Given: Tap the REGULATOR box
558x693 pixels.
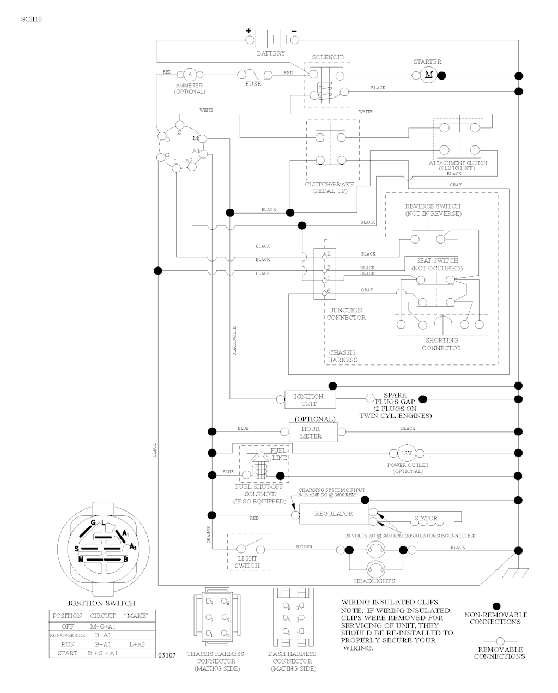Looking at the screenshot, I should click(x=333, y=514).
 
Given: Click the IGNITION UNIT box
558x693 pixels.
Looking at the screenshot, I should click(x=308, y=400).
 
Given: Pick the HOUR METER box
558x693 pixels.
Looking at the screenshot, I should click(x=311, y=433).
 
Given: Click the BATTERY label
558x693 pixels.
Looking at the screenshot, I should click(x=271, y=53).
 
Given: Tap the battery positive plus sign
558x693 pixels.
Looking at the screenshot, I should click(x=248, y=31).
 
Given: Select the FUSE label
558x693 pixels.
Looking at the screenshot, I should click(x=253, y=84).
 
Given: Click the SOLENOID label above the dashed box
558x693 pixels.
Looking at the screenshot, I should click(x=328, y=57).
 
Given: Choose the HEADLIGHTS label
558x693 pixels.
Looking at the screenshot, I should click(x=374, y=581).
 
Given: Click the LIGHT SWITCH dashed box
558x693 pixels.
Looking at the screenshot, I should click(x=248, y=551).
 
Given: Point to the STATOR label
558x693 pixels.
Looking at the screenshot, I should click(x=426, y=519).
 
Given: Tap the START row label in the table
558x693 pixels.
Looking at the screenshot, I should click(x=68, y=653).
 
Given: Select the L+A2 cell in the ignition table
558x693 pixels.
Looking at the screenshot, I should click(x=137, y=644).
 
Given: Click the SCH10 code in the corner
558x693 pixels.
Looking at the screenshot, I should click(x=32, y=19).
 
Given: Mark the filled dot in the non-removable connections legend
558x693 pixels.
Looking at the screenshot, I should click(x=496, y=605).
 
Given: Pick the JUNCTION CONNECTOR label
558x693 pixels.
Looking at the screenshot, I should click(x=346, y=314).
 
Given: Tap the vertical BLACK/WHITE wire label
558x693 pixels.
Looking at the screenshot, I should click(x=235, y=341).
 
